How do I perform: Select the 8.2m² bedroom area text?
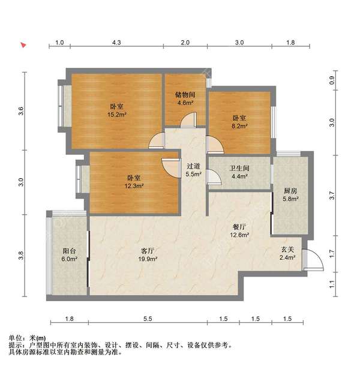pyautogui.click(x=240, y=127)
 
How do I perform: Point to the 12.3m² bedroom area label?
pyautogui.click(x=134, y=187)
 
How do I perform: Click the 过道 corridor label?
pyautogui.click(x=193, y=166)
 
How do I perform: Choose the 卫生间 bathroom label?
pyautogui.click(x=239, y=168)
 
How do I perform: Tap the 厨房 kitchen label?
pyautogui.click(x=290, y=190)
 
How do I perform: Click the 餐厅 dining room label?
pyautogui.click(x=241, y=227)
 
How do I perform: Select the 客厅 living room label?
pyautogui.click(x=147, y=250)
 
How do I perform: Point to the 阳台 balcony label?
pyautogui.click(x=69, y=251)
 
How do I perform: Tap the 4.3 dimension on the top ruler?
pyautogui.click(x=116, y=43)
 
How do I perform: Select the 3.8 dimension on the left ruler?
pyautogui.click(x=21, y=255)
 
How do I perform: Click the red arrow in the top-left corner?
pyautogui.click(x=23, y=45)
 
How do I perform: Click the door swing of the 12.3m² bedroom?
pyautogui.click(x=171, y=166)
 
